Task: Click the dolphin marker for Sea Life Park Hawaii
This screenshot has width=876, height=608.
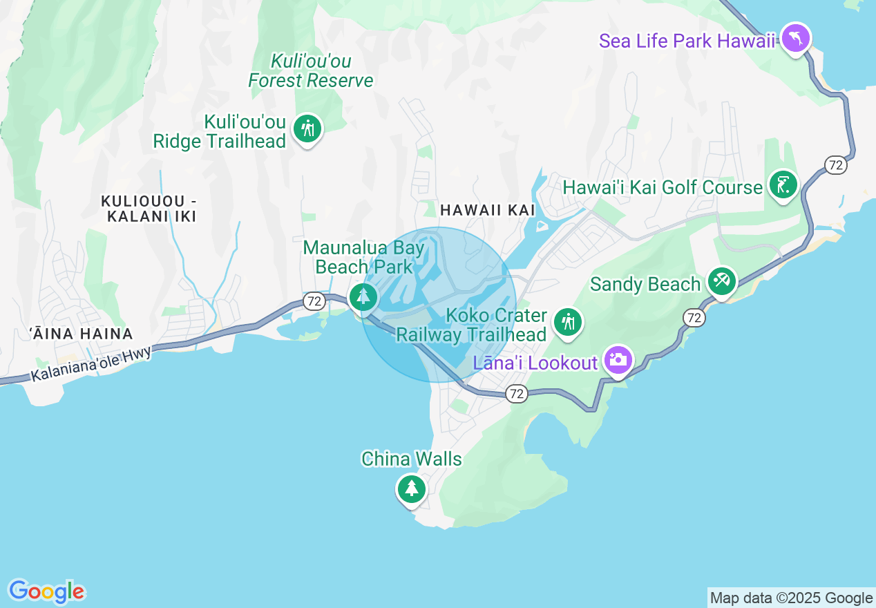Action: (x=796, y=39)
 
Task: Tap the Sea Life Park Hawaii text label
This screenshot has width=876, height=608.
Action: (x=687, y=41)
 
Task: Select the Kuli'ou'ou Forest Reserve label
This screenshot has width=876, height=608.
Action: (x=311, y=71)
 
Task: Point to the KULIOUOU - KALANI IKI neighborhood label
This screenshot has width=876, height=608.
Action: (x=149, y=209)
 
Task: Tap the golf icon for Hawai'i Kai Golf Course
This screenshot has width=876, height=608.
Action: (x=783, y=185)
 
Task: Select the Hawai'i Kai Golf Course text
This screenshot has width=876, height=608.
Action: (x=663, y=187)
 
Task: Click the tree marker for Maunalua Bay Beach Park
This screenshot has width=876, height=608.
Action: (x=363, y=296)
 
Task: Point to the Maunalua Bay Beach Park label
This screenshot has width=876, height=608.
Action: (x=364, y=257)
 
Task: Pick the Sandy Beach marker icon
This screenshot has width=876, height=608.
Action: (x=721, y=281)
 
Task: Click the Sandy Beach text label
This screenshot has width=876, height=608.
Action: (x=645, y=285)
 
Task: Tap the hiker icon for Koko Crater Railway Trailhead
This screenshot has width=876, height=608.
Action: (x=568, y=322)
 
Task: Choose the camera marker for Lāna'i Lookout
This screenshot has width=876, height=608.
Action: (x=618, y=360)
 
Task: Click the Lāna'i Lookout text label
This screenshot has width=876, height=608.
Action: (x=535, y=363)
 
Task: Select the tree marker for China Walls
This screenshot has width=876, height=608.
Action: (x=412, y=488)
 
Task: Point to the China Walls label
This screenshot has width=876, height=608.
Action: (x=412, y=459)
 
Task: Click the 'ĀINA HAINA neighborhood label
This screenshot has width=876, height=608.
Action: (x=82, y=334)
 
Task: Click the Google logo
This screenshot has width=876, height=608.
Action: (x=47, y=592)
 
